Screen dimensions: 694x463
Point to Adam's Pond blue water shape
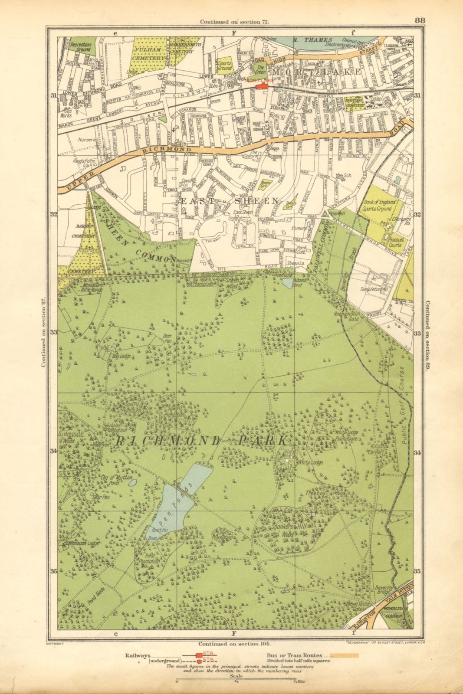pyautogui.click(x=287, y=283)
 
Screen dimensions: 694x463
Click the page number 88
pyautogui.click(x=419, y=20)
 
